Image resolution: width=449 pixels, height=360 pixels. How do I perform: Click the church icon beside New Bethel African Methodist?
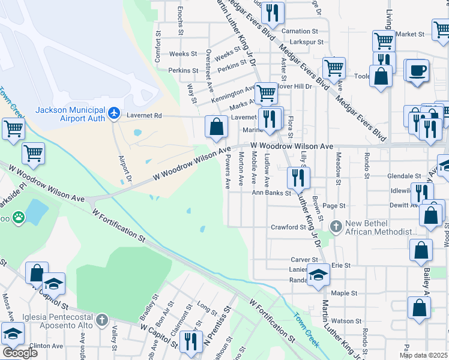(336, 227)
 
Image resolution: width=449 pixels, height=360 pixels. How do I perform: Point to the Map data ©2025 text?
(423, 355)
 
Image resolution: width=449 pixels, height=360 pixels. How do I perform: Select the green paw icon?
(19, 217)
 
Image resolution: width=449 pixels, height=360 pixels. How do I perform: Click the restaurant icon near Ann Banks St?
(298, 177)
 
